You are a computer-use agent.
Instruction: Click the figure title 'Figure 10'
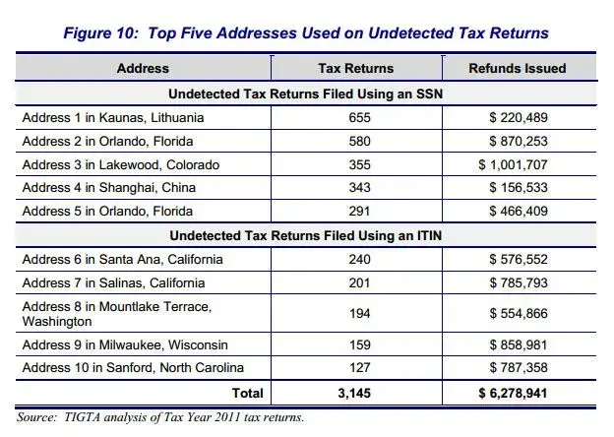pos(306,32)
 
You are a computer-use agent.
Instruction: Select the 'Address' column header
pos(143,69)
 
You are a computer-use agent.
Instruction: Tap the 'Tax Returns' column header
pos(355,69)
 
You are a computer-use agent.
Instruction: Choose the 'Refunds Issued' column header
pos(517,69)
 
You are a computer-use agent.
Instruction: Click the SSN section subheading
pos(305,94)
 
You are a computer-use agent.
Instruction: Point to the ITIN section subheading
pos(305,236)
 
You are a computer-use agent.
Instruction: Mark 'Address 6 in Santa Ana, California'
pos(122,260)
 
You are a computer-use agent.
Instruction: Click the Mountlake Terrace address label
pos(116,314)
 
